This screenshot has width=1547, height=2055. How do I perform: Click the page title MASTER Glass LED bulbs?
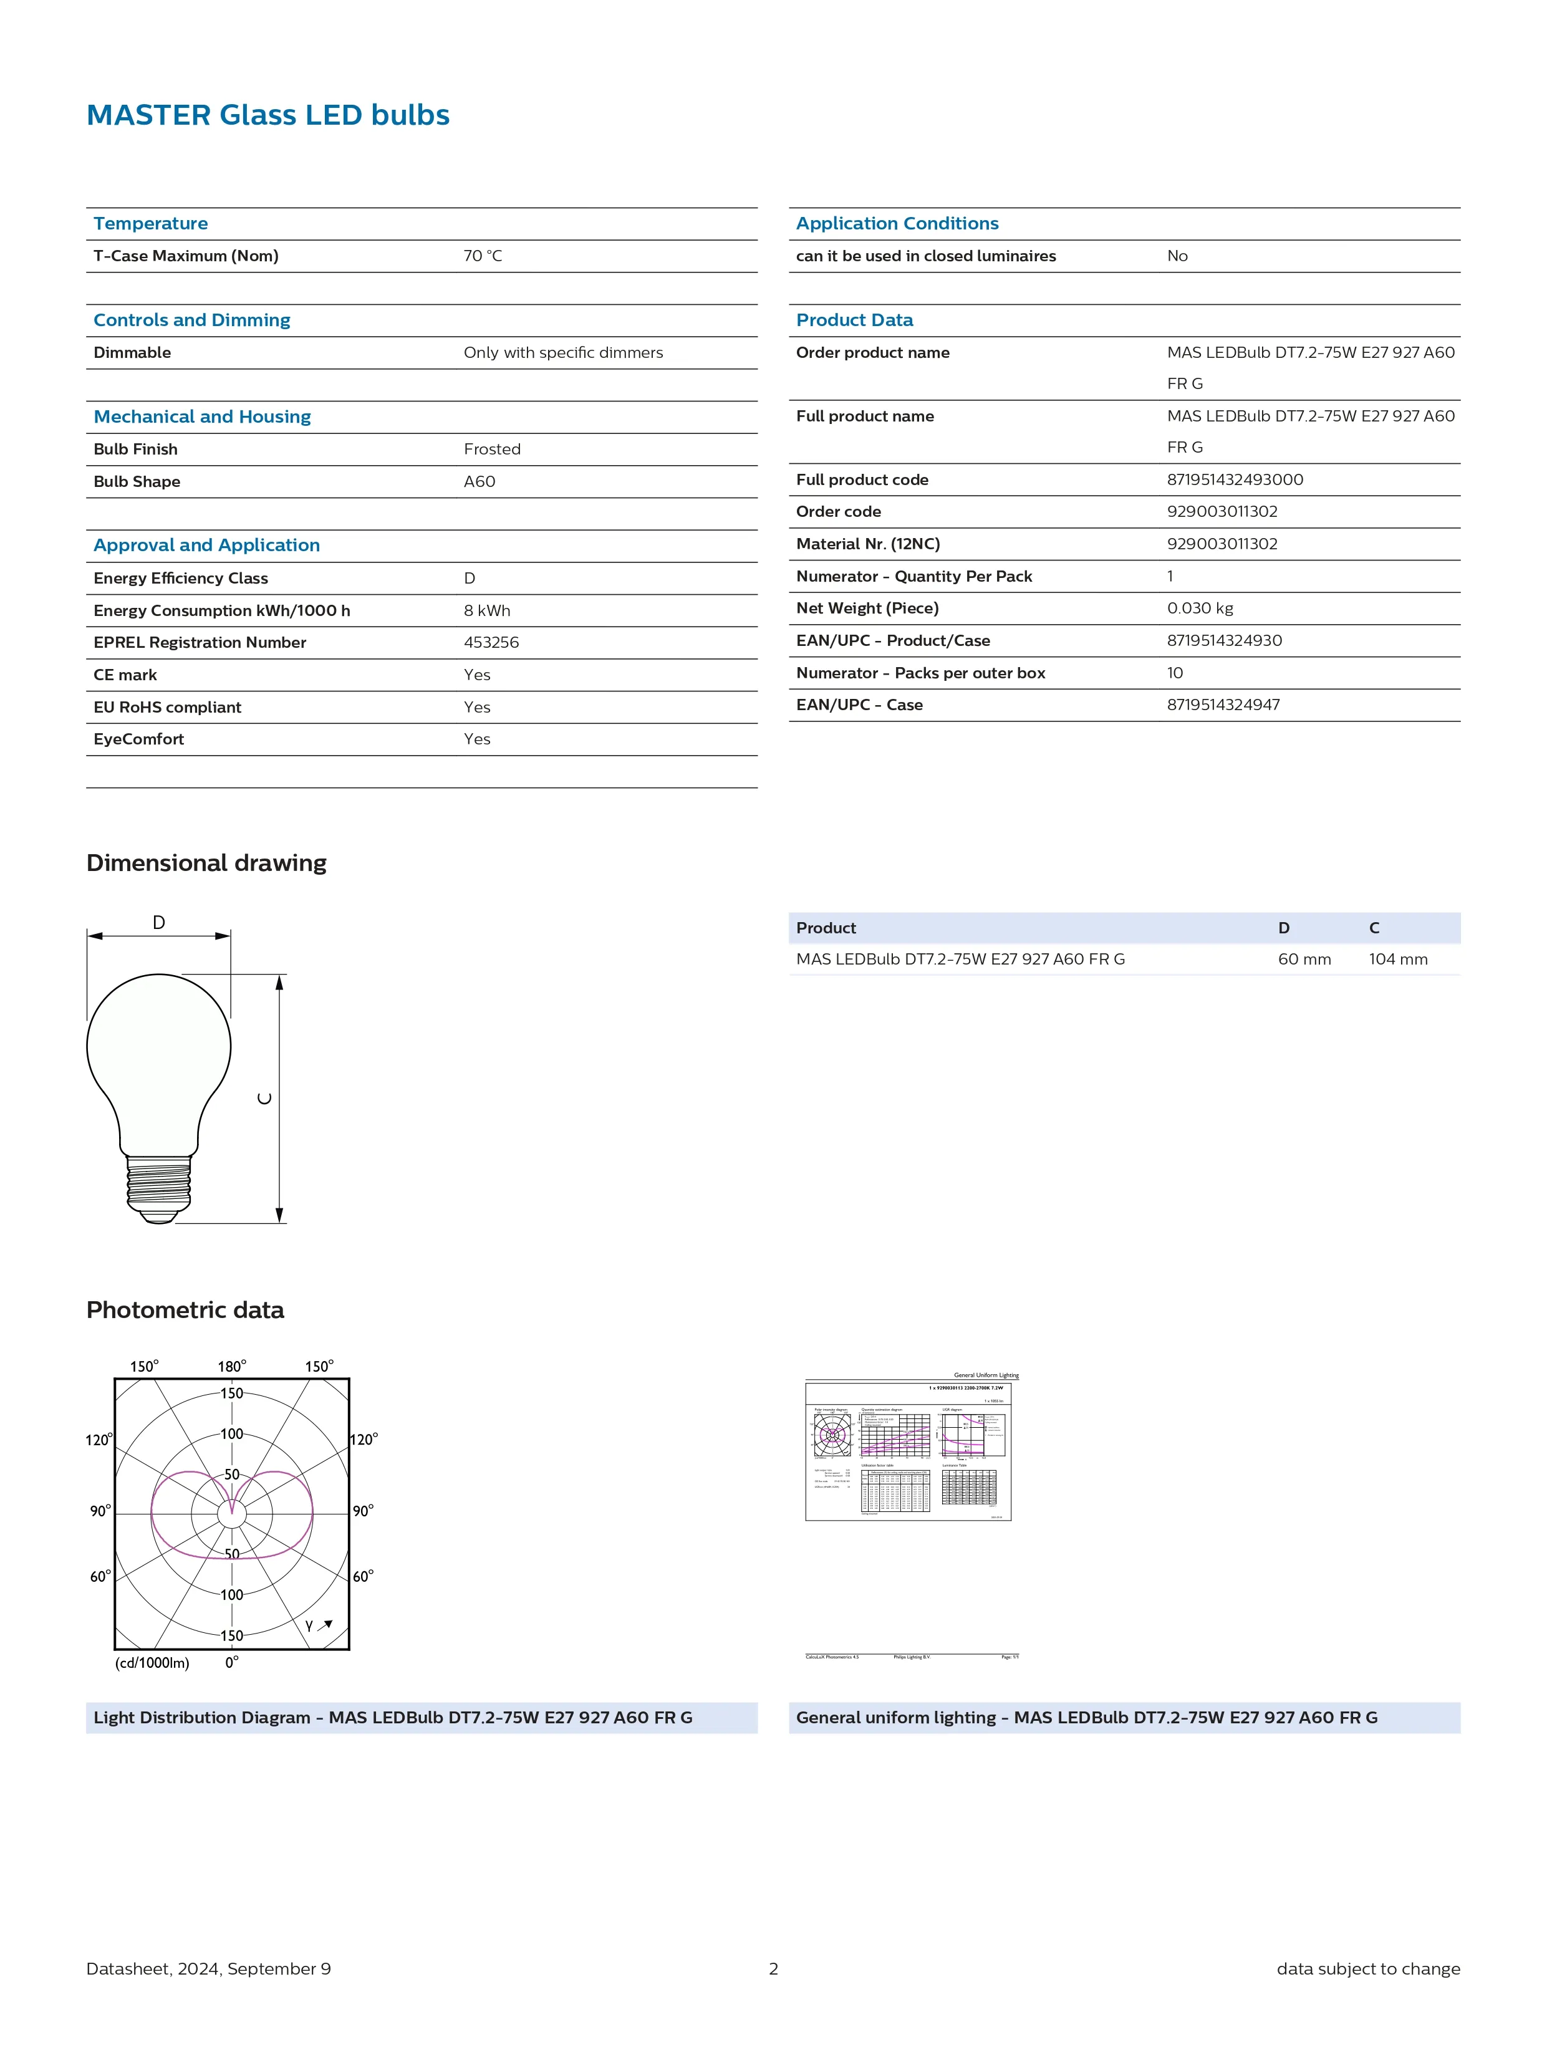point(267,115)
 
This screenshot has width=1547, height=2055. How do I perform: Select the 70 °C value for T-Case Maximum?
point(482,256)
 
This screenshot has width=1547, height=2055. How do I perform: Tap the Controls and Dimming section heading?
point(191,320)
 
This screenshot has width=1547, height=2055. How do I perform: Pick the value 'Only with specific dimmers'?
point(563,353)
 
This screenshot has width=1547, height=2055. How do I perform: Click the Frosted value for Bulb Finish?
point(491,450)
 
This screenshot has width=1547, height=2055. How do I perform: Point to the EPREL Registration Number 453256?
point(491,643)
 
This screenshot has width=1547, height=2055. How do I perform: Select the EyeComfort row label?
point(138,739)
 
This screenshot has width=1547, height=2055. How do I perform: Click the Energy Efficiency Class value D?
point(469,579)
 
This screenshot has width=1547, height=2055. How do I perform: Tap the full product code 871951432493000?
point(1235,479)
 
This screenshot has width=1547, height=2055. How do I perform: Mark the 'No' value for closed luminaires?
point(1177,256)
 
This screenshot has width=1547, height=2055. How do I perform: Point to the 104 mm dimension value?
point(1397,960)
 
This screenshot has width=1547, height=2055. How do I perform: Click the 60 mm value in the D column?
point(1304,960)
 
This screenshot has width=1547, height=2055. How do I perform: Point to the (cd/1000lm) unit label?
point(152,1663)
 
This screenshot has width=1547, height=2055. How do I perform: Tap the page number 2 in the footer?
point(773,1968)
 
